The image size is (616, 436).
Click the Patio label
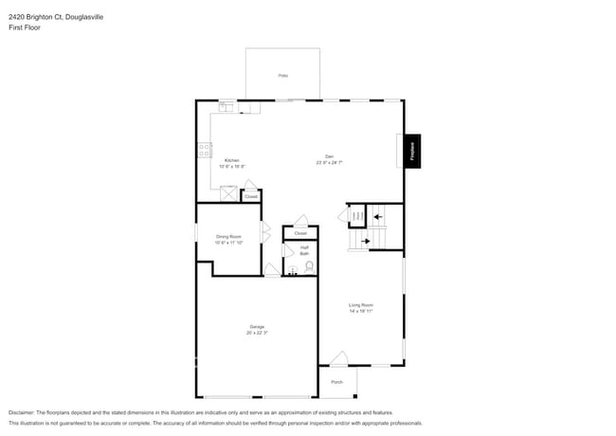click(x=282, y=75)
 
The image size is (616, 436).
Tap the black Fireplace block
click(x=412, y=150)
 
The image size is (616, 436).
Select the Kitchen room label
click(x=231, y=160)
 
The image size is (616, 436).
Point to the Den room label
click(x=329, y=156)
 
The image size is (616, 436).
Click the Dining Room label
click(x=228, y=236)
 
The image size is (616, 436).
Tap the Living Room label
click(x=360, y=305)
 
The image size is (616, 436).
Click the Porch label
click(x=336, y=382)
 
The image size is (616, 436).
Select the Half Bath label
click(x=304, y=250)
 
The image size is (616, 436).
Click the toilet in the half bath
click(x=309, y=267)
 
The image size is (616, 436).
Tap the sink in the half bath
click(x=292, y=271)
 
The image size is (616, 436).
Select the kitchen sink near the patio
click(x=226, y=106)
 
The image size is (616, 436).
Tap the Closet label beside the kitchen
click(x=250, y=196)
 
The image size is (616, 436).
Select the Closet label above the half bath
click(x=300, y=232)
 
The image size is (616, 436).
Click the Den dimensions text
click(x=329, y=163)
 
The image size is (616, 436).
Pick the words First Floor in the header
click(x=25, y=27)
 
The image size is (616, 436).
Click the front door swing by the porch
click(x=338, y=358)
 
